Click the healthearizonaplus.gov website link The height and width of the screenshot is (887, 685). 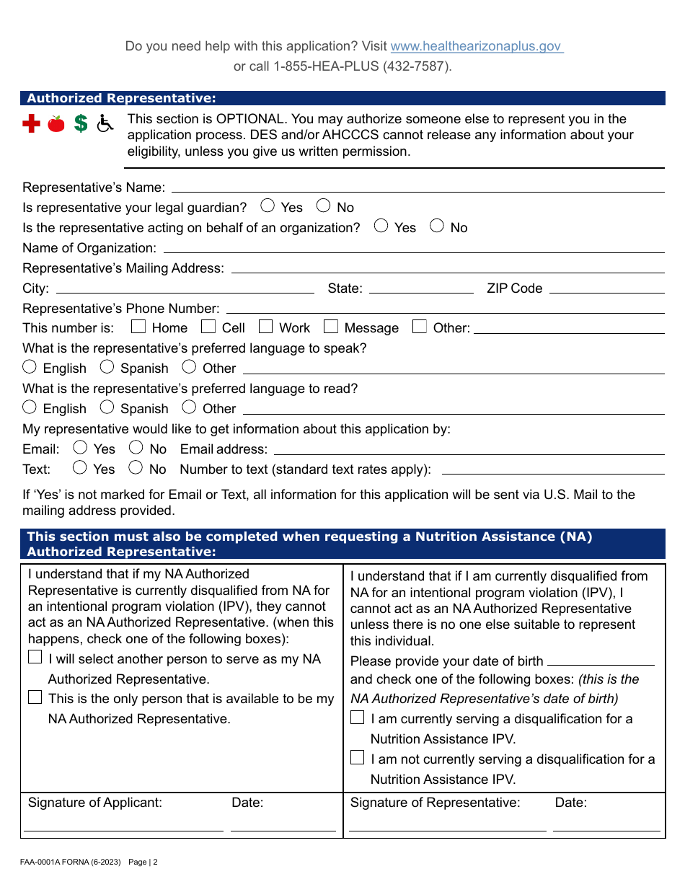[476, 46]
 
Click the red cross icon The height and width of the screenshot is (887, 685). [31, 124]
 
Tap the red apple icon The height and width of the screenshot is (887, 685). [56, 124]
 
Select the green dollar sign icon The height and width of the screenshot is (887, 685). [81, 124]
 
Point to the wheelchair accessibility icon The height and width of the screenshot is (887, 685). [105, 124]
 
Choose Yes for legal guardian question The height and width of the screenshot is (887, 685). [268, 206]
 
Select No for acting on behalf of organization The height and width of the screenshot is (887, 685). [437, 226]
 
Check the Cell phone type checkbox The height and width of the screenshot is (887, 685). [208, 327]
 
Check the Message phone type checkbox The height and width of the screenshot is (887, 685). [331, 327]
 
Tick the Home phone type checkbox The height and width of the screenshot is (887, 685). [138, 327]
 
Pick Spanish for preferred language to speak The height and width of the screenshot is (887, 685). [107, 367]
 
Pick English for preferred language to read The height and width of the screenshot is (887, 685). [30, 407]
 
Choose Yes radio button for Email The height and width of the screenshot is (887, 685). [81, 448]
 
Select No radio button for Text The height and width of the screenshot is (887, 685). [136, 468]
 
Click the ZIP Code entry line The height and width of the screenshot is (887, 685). [606, 290]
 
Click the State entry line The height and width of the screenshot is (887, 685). [421, 290]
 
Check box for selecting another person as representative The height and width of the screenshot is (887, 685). [35, 658]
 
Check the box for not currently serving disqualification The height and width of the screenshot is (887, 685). [358, 758]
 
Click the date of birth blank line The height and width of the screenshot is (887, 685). [601, 661]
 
